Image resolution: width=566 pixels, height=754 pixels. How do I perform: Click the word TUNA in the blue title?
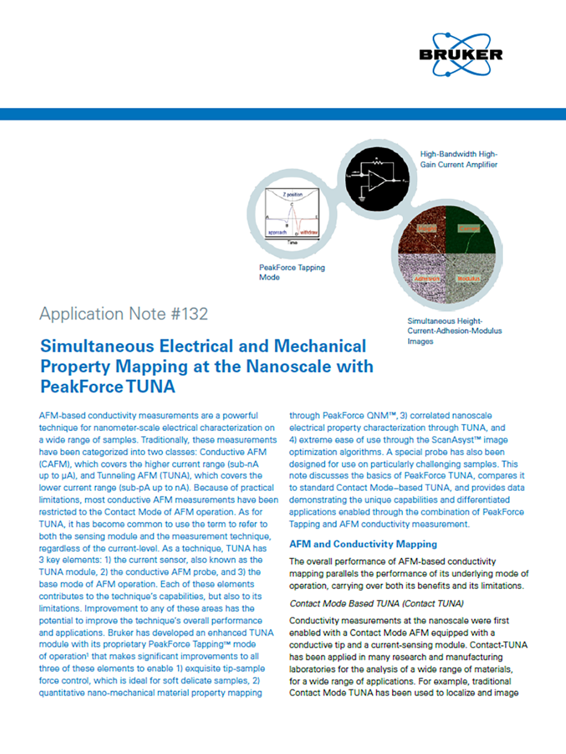coord(150,386)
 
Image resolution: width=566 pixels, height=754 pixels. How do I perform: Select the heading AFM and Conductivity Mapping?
coord(363,544)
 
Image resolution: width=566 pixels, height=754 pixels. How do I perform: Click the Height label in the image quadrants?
coord(430,229)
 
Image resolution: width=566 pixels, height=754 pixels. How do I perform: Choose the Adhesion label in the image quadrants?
coord(430,280)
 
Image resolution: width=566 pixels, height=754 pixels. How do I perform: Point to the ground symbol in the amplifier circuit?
coord(362,198)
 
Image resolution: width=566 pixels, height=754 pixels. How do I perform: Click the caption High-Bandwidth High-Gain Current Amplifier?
coord(459,160)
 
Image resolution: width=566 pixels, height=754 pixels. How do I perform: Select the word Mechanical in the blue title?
coord(317,346)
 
